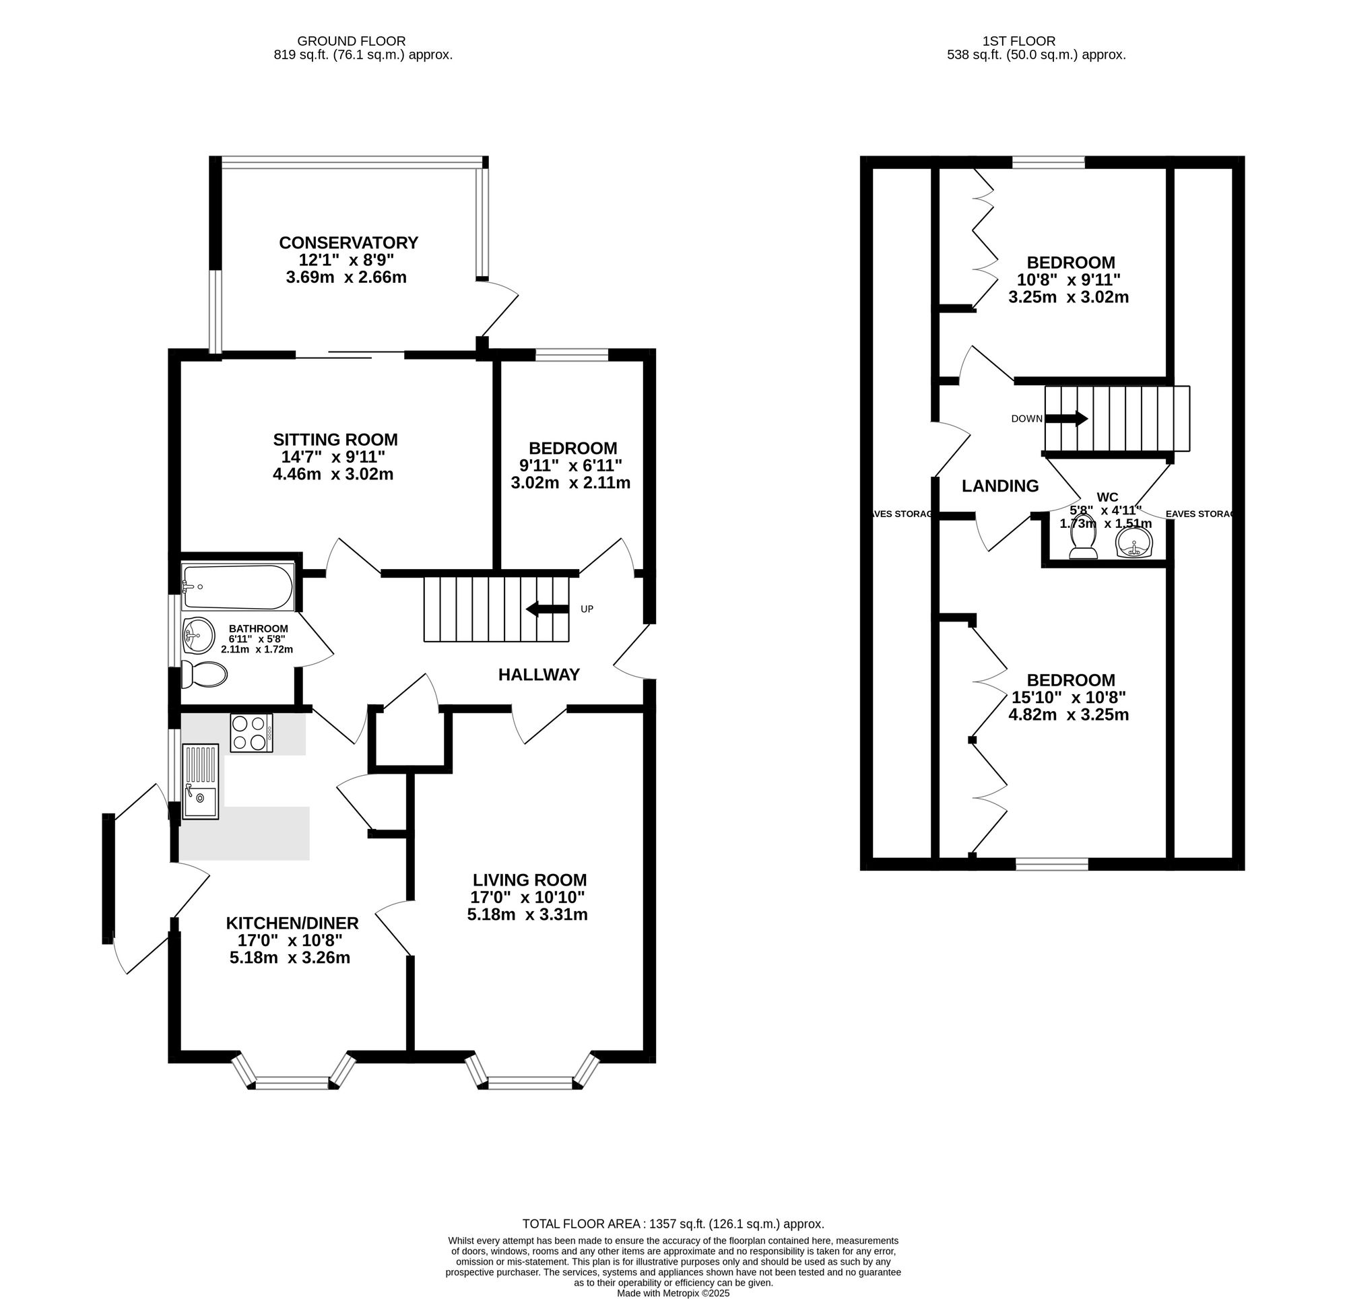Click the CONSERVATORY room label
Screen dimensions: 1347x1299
[x=348, y=242]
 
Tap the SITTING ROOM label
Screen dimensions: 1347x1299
[x=335, y=439]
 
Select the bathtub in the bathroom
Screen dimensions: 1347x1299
[x=238, y=587]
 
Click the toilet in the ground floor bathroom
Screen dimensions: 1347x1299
[x=204, y=674]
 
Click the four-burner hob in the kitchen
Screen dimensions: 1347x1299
[x=251, y=733]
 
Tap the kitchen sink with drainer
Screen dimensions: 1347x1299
[x=200, y=781]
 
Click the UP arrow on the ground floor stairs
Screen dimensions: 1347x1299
[x=548, y=608]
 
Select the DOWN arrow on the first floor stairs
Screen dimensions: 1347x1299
[x=1066, y=418]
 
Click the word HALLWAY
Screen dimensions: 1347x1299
[x=539, y=674]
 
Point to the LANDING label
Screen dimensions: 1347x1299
[x=1000, y=486]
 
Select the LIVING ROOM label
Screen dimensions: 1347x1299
[x=530, y=879]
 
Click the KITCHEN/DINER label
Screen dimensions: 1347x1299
[x=293, y=923]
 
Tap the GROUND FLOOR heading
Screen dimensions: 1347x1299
[x=351, y=41]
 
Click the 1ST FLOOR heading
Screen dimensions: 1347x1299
[x=1019, y=41]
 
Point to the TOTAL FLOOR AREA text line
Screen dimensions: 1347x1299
[x=673, y=1224]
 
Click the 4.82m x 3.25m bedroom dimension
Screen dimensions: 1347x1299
[x=1069, y=714]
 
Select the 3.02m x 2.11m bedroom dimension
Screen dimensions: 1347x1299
[x=570, y=482]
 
